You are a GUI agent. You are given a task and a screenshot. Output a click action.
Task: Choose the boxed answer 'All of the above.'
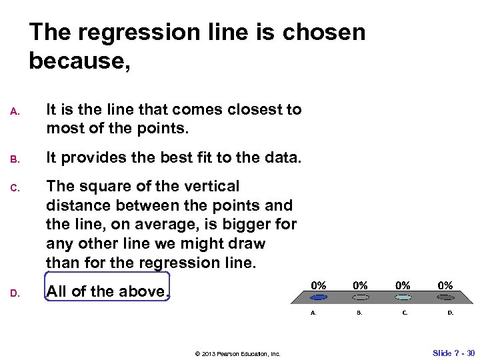coord(107,291)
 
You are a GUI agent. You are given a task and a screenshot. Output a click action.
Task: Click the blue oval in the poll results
coord(319,297)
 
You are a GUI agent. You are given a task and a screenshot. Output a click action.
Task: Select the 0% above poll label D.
coord(445,285)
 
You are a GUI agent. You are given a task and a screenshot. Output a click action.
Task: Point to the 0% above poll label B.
coord(361,285)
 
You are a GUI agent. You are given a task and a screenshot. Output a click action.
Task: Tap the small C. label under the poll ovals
coord(405,312)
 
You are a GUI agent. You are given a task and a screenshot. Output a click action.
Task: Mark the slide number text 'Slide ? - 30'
coord(453,353)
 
